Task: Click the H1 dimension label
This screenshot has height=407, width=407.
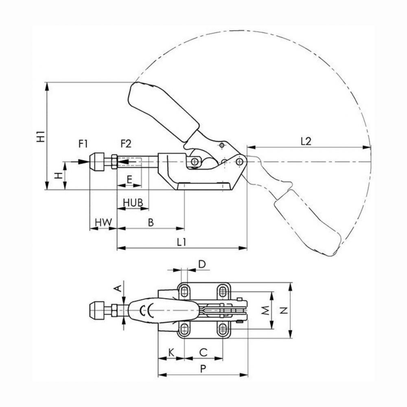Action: (x=41, y=137)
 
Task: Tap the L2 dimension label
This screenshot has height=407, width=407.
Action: (x=306, y=142)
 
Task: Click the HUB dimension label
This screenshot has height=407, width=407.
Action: (x=133, y=203)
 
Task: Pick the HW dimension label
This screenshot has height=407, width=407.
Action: (x=103, y=223)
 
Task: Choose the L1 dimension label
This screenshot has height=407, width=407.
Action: (x=182, y=242)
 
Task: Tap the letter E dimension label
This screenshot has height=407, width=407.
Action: (x=129, y=179)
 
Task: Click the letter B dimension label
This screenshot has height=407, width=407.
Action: (x=151, y=223)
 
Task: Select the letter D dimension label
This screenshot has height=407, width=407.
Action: (x=202, y=264)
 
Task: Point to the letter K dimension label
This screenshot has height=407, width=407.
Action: (x=171, y=353)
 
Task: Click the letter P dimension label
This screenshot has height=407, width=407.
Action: (x=203, y=369)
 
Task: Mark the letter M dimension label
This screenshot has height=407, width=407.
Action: (x=265, y=310)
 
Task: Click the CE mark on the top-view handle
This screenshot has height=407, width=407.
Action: (x=147, y=310)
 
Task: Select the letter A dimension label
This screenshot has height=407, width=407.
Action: (x=118, y=288)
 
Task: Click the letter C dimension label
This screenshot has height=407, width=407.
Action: (x=203, y=352)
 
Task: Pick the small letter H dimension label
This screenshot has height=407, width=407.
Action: (x=59, y=176)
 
